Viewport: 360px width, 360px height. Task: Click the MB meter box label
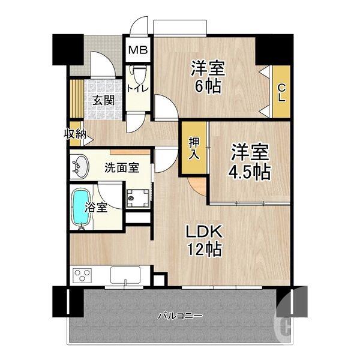139,50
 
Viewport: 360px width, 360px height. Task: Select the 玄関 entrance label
103,100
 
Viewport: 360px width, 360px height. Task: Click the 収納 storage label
75,134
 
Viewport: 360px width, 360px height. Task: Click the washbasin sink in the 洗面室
80,166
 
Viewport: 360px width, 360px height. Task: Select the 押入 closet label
195,148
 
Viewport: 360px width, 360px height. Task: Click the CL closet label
281,92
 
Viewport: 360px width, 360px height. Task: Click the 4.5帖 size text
249,171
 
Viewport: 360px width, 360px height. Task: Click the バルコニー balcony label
179,316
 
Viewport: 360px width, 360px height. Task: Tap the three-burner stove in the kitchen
83,277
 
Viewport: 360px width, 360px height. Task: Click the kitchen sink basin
125,277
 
